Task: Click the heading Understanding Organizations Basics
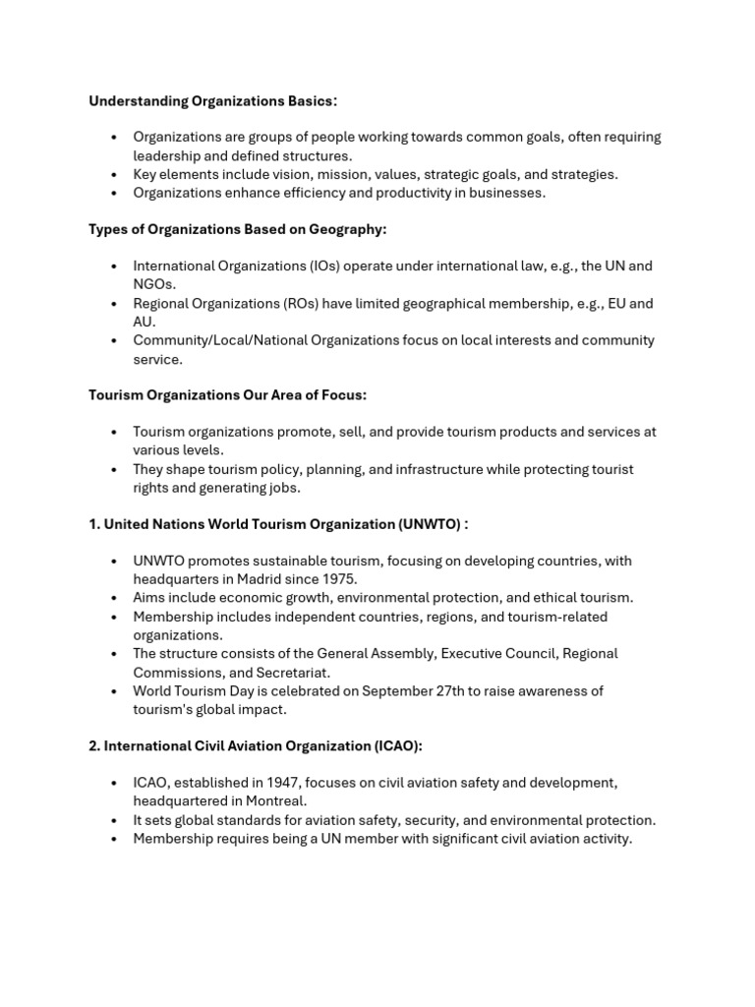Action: pyautogui.click(x=212, y=101)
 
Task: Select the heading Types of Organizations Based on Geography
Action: pyautogui.click(x=238, y=229)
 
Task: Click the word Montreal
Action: pyautogui.click(x=275, y=801)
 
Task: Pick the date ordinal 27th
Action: pyautogui.click(x=457, y=690)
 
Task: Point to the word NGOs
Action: pyautogui.click(x=154, y=284)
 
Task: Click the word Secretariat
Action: pyautogui.click(x=293, y=672)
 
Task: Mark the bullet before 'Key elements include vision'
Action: pyautogui.click(x=114, y=175)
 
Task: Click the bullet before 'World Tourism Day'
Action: pyautogui.click(x=114, y=691)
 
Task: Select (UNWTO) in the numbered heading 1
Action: pyautogui.click(x=429, y=524)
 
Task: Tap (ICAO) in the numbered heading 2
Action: pyautogui.click(x=397, y=746)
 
